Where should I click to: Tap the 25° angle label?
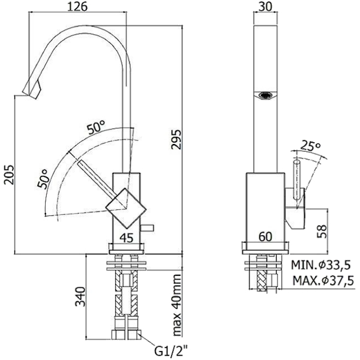tap(310, 146)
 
